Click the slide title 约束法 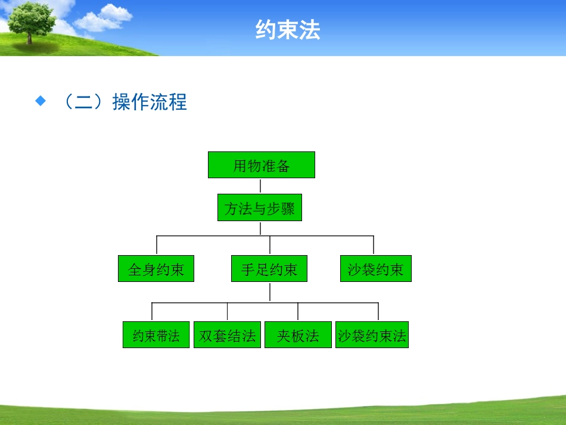pos(288,29)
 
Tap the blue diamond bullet pos(41,101)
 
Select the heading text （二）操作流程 pos(124,102)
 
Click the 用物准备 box pos(261,165)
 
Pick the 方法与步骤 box pos(260,208)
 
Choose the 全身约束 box pos(156,269)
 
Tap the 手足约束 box pos(269,269)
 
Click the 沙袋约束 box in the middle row pos(375,269)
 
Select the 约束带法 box pos(156,335)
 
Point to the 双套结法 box pos(227,335)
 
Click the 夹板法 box pos(298,335)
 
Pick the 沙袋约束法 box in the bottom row pos(372,335)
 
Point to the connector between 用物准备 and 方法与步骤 pos(260,186)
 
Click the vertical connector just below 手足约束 pos(270,291)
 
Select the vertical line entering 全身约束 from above pos(157,246)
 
